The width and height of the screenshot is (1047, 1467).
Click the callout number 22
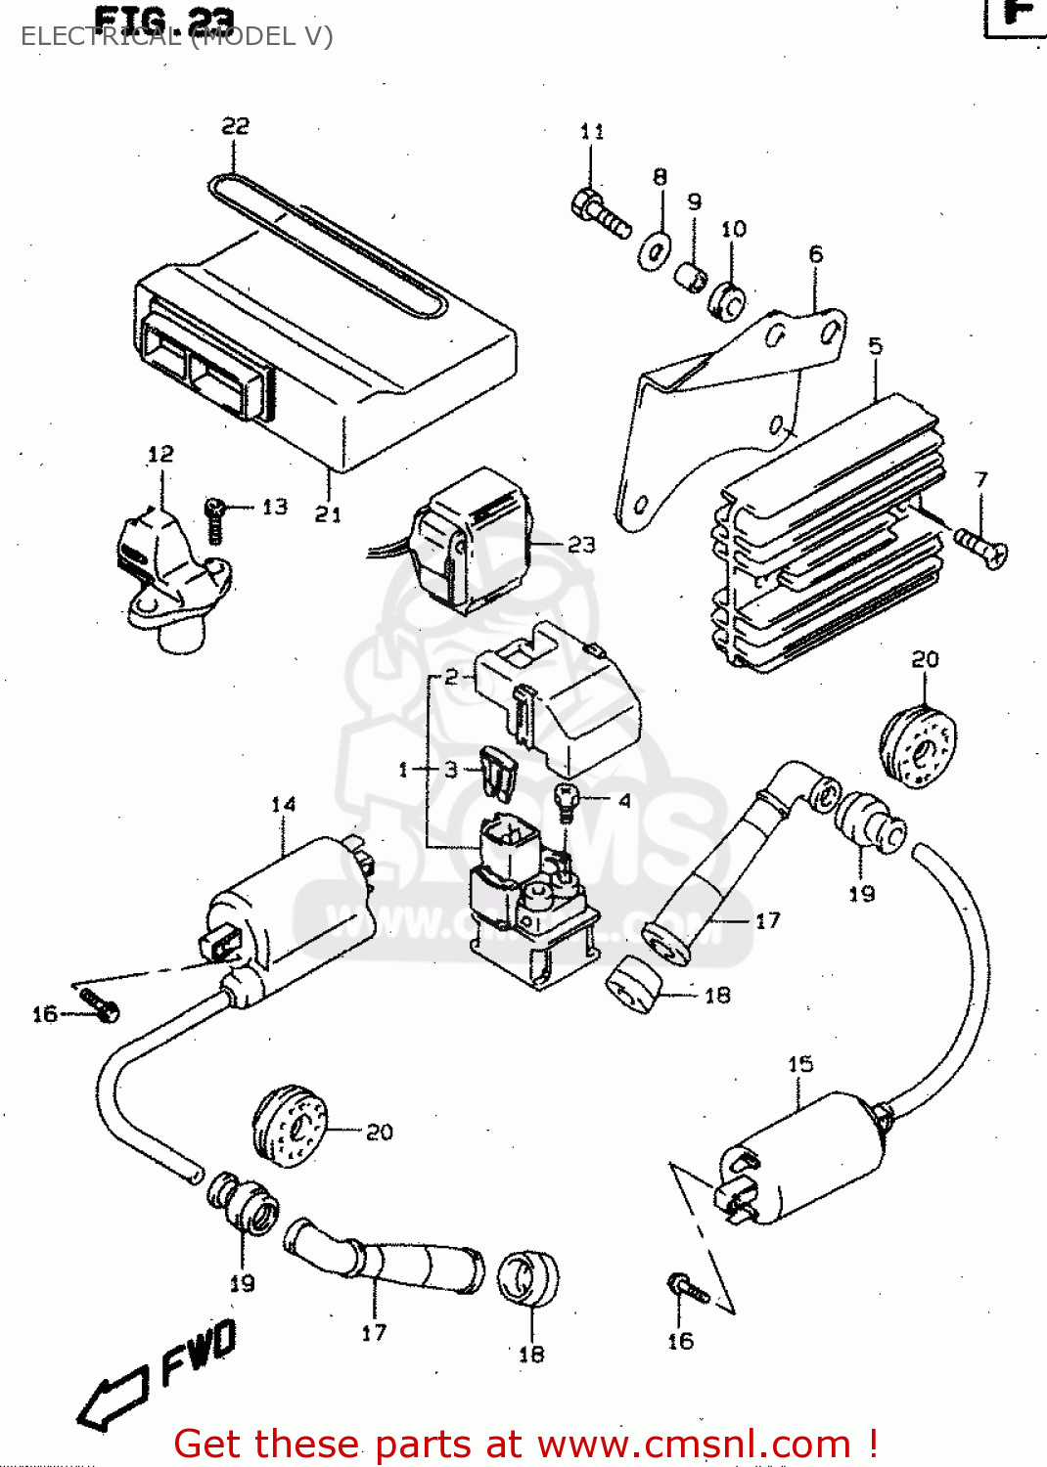(x=235, y=126)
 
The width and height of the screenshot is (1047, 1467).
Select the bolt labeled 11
(x=599, y=213)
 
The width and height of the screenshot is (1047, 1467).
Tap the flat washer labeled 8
(x=655, y=250)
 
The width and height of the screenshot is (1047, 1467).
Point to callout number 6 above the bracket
(x=816, y=254)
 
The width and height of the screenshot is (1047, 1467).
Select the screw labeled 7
(x=980, y=545)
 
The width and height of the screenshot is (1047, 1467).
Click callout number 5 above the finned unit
(x=875, y=345)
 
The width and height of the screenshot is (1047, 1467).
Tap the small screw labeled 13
(x=215, y=518)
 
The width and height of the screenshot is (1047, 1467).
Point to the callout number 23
(x=581, y=544)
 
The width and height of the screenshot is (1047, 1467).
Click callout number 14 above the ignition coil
(x=283, y=804)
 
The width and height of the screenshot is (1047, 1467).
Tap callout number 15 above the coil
(x=799, y=1063)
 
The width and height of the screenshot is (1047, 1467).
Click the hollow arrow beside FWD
(x=113, y=1399)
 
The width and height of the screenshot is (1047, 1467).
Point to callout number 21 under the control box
(x=328, y=513)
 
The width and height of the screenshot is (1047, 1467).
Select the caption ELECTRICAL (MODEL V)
(x=176, y=36)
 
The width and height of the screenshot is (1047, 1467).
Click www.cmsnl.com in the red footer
(x=694, y=1444)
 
